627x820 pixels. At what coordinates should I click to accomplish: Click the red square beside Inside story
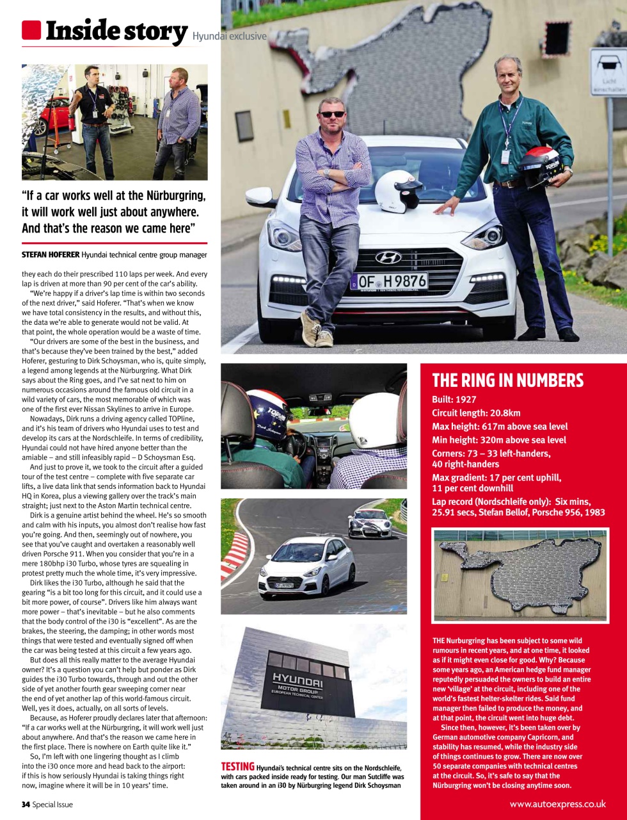pos(31,30)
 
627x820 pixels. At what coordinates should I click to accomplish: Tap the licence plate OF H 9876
pos(388,281)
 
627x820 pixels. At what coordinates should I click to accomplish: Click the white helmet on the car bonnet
pos(399,191)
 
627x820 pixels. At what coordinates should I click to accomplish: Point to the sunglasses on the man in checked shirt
pos(332,114)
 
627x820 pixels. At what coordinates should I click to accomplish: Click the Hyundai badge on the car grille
pos(388,258)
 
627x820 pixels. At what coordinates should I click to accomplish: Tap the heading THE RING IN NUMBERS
pos(507,381)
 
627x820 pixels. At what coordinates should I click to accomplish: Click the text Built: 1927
pos(454,400)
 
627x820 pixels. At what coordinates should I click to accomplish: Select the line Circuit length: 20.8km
pos(476,413)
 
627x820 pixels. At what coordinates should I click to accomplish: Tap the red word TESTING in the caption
pos(237,767)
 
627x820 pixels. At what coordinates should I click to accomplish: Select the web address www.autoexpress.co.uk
pos(557,804)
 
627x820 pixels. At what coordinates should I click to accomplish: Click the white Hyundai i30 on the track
pos(306,566)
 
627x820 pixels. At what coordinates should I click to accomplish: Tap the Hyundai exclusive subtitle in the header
pos(229,37)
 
